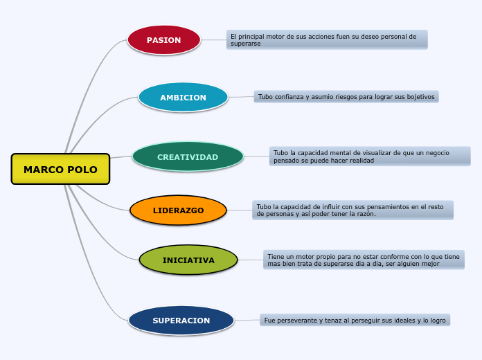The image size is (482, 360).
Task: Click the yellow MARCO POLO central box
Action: click(60, 169)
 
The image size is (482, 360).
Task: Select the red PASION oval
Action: click(163, 40)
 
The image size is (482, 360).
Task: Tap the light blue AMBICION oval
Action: click(183, 98)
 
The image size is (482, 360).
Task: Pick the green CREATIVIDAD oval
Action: click(188, 157)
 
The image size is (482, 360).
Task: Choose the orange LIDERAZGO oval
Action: click(178, 210)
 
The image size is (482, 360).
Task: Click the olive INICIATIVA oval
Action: click(188, 260)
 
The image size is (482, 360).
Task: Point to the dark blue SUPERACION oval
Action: click(181, 321)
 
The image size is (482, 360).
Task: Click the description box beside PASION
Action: click(326, 39)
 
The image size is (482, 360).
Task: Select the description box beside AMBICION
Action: click(346, 97)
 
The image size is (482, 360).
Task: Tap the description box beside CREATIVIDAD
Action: click(370, 156)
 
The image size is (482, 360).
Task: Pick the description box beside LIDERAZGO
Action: click(352, 210)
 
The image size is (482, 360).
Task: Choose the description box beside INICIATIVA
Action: click(364, 260)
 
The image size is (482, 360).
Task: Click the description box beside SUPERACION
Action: click(355, 320)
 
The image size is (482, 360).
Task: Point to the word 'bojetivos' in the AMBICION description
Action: click(419, 97)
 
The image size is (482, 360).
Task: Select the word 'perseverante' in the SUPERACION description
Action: click(296, 321)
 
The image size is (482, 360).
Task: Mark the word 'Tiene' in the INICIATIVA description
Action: click(276, 257)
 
